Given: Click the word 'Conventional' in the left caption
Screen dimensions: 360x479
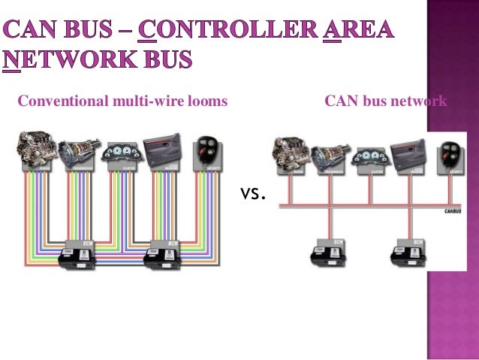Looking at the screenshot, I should tap(56, 101).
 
